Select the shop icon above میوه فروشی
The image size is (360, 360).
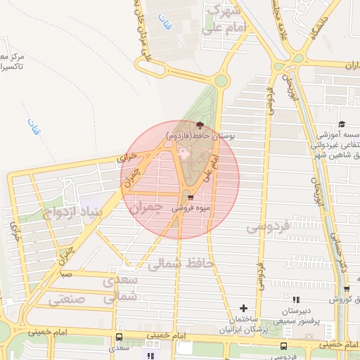coord(191,198)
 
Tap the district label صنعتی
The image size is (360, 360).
coord(67,299)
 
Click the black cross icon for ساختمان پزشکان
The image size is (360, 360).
coord(243,308)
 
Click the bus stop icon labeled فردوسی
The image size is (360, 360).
coord(283,346)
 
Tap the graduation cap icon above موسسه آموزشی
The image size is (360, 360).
coord(342,124)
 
